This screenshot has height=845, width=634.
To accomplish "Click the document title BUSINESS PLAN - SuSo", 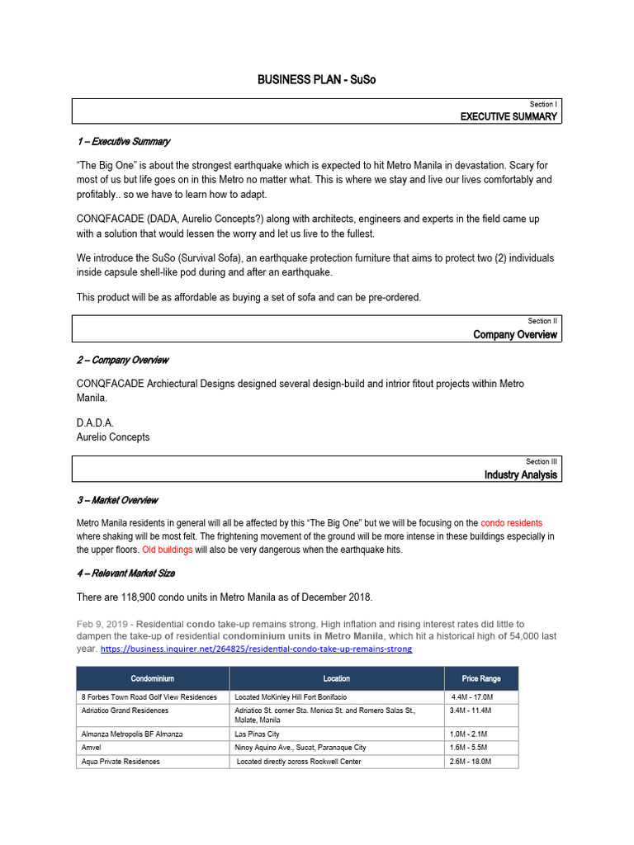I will [x=316, y=79].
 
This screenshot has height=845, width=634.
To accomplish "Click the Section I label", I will [x=543, y=105].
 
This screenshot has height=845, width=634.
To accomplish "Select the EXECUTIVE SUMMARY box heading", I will [x=509, y=117].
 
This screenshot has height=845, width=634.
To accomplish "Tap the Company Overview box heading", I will [x=515, y=334].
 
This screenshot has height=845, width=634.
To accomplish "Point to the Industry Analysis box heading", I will [x=520, y=474].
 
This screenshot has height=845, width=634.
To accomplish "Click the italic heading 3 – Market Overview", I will [x=116, y=500].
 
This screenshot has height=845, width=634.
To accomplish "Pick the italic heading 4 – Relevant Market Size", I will [x=125, y=573].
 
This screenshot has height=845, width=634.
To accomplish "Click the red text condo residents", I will [x=511, y=523].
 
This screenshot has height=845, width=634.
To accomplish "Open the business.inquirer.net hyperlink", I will [x=256, y=649].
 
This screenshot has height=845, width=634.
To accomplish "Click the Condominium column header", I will [x=152, y=679].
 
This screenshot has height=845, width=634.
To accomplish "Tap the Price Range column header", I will [x=480, y=679].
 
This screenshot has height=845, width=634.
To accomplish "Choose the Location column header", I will [x=336, y=679].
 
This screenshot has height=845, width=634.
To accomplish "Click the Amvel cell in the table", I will [x=92, y=748].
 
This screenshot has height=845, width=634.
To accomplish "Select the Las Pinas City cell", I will [x=257, y=734].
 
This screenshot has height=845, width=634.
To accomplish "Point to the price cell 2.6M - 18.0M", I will [x=471, y=762].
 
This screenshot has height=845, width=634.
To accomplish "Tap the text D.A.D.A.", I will [x=95, y=422].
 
